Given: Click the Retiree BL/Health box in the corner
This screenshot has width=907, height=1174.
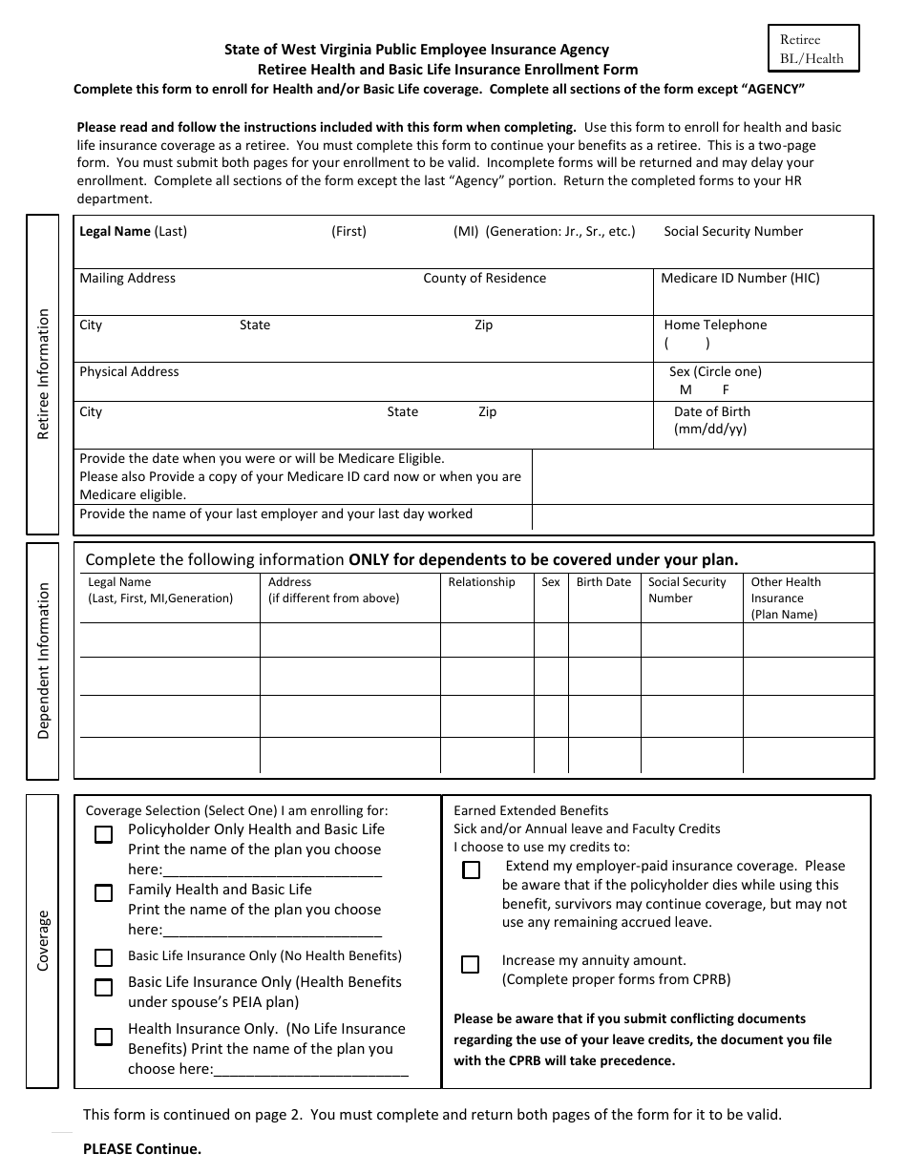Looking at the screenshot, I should [x=812, y=49].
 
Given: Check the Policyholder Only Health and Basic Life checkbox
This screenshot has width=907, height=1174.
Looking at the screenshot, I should [x=103, y=834].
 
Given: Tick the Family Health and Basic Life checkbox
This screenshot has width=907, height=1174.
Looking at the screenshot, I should [x=103, y=893].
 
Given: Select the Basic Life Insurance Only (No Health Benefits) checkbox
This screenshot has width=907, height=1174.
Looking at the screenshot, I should [x=103, y=956].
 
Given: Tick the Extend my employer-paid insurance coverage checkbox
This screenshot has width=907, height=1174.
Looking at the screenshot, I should [x=471, y=870].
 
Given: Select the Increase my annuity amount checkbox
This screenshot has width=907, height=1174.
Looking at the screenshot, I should [x=470, y=964].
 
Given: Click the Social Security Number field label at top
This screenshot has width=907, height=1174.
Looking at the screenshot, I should [x=733, y=231].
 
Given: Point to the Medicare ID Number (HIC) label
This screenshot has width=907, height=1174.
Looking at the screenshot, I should [x=740, y=278].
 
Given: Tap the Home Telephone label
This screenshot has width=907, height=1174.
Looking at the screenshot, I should [x=715, y=325].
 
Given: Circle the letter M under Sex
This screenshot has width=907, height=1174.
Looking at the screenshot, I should [x=686, y=389].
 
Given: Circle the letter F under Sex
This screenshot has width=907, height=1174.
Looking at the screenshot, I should [x=726, y=389].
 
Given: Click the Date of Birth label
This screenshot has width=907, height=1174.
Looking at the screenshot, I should [x=712, y=411].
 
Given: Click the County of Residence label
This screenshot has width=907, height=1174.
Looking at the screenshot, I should [x=484, y=278].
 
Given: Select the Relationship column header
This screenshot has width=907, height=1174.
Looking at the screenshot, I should [x=481, y=582].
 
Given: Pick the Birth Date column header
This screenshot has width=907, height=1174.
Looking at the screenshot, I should [x=603, y=582].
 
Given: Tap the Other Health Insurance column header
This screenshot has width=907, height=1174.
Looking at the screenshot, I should [x=785, y=597].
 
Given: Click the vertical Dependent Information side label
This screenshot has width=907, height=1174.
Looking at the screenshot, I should [x=43, y=661].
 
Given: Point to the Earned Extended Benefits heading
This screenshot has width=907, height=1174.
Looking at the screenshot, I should [x=531, y=810].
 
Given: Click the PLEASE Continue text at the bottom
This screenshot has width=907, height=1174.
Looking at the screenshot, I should [x=142, y=1148].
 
